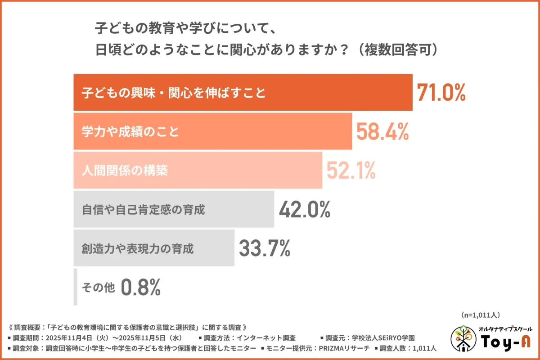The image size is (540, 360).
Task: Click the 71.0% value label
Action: tap(441, 93)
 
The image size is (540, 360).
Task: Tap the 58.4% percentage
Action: tap(382, 132)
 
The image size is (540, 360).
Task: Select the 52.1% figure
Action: tap(351, 170)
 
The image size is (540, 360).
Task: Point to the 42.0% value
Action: tap(305, 209)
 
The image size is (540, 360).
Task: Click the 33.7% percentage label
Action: tap(264, 248)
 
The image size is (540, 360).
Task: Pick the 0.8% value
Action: tap(140, 287)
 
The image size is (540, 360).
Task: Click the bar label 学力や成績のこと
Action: tap(130, 132)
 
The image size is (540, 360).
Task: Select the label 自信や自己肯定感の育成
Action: tap(143, 209)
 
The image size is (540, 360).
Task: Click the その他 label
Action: tap(99, 287)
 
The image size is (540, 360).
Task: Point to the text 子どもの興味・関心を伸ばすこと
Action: tap(173, 93)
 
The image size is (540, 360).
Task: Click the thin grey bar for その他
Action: tap(76, 287)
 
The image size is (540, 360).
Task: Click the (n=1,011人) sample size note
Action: tap(481, 315)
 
